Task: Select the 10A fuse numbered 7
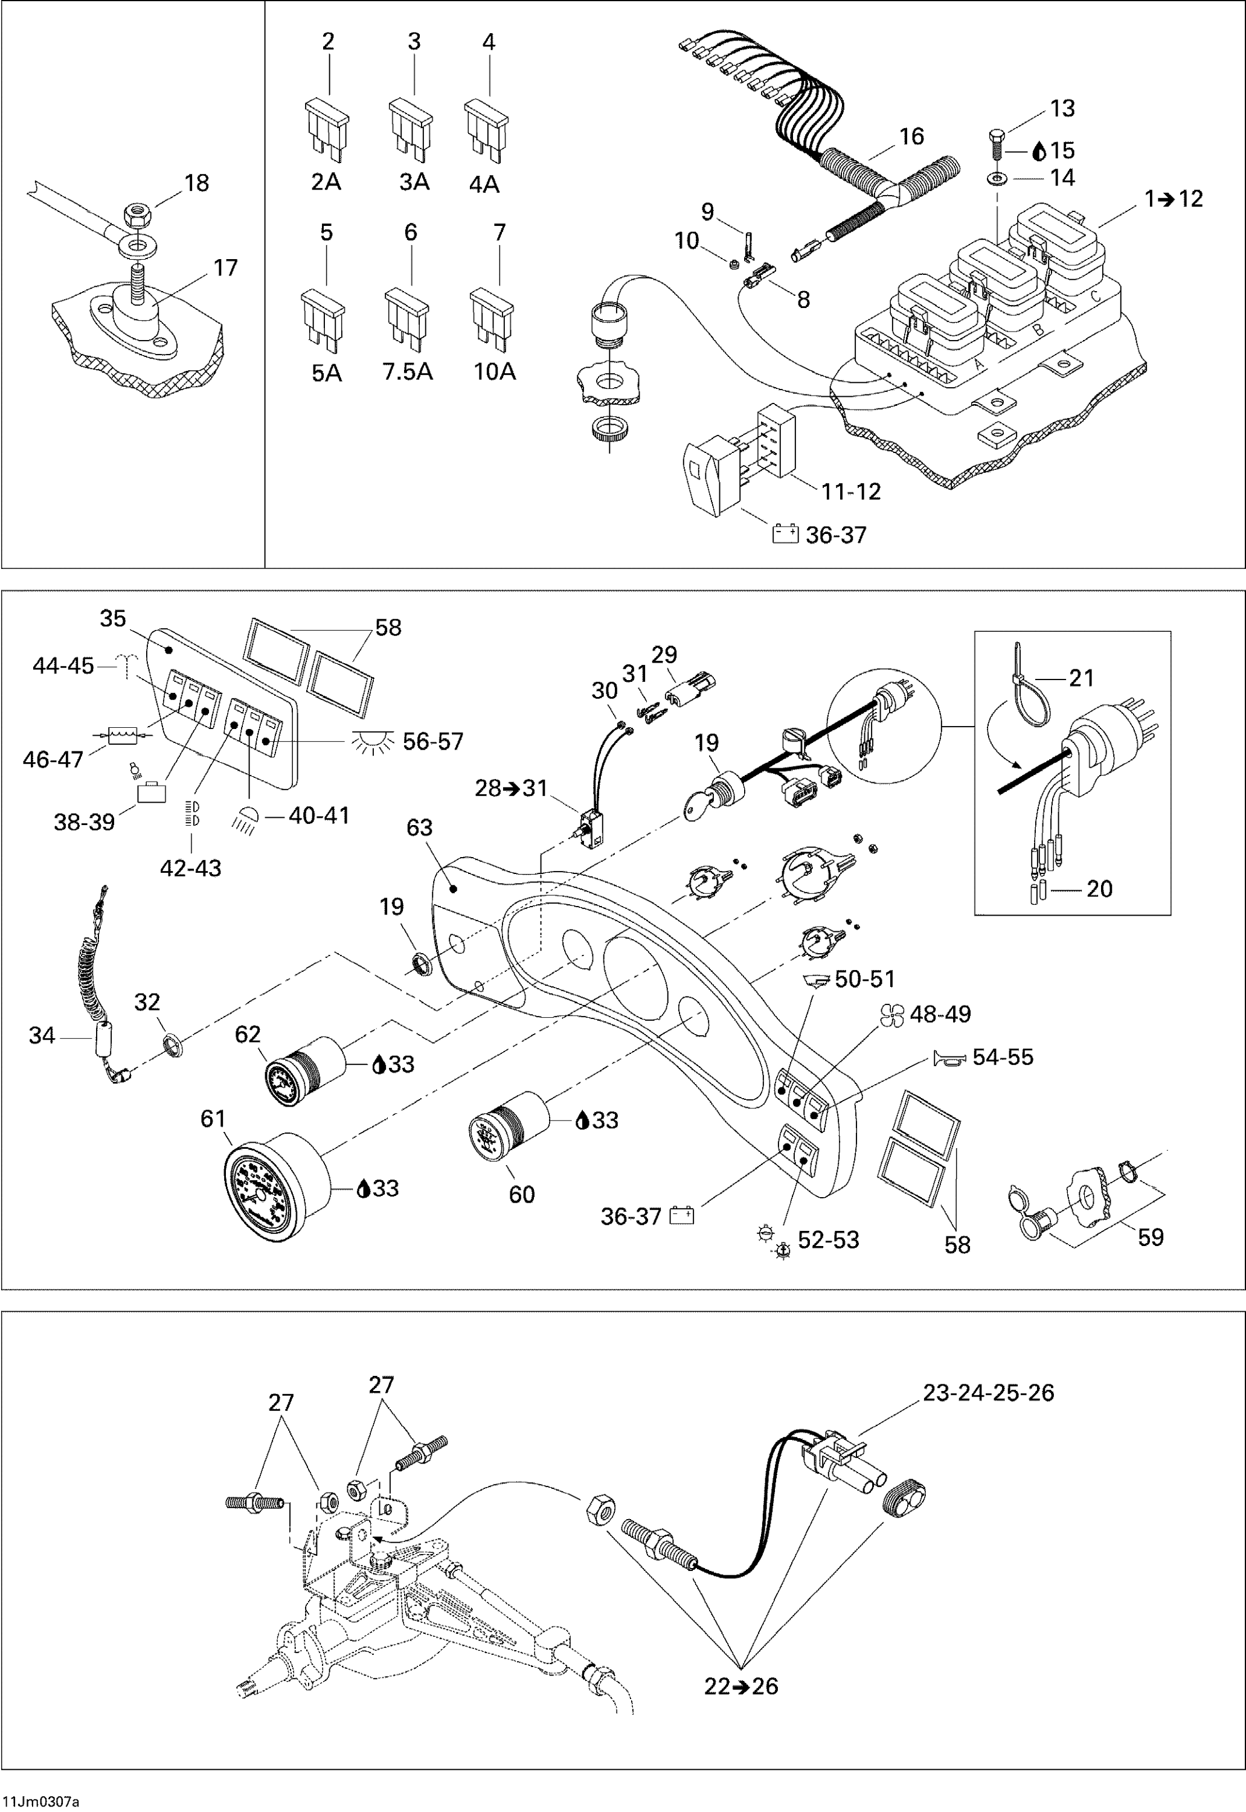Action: point(492,318)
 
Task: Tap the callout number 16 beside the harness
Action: point(911,137)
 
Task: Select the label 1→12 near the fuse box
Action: point(1174,199)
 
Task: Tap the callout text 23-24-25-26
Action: point(988,1393)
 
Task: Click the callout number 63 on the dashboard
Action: point(419,827)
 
